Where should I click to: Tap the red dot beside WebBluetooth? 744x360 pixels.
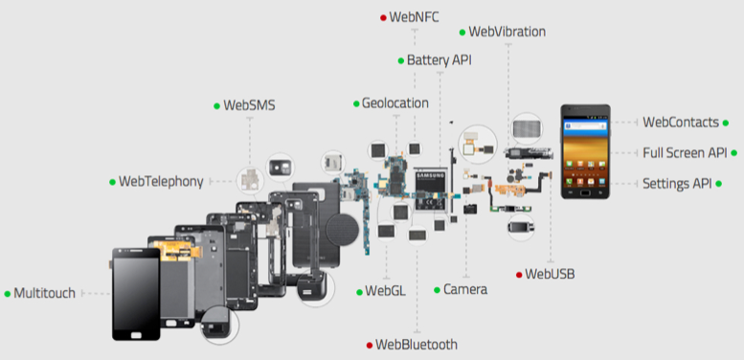(370, 344)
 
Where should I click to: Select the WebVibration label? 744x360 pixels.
(507, 32)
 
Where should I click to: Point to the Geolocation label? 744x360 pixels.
(395, 102)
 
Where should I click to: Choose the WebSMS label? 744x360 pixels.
(249, 105)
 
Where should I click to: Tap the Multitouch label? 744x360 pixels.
(44, 293)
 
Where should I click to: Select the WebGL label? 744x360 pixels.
(385, 290)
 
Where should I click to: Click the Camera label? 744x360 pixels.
(465, 289)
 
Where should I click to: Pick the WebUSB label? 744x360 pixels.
(551, 275)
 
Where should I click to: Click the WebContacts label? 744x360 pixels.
(681, 122)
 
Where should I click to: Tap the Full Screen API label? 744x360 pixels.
(684, 152)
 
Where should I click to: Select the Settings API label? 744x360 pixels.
(676, 183)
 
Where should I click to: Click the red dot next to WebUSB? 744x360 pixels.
(519, 275)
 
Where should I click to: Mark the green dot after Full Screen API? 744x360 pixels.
(733, 152)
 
